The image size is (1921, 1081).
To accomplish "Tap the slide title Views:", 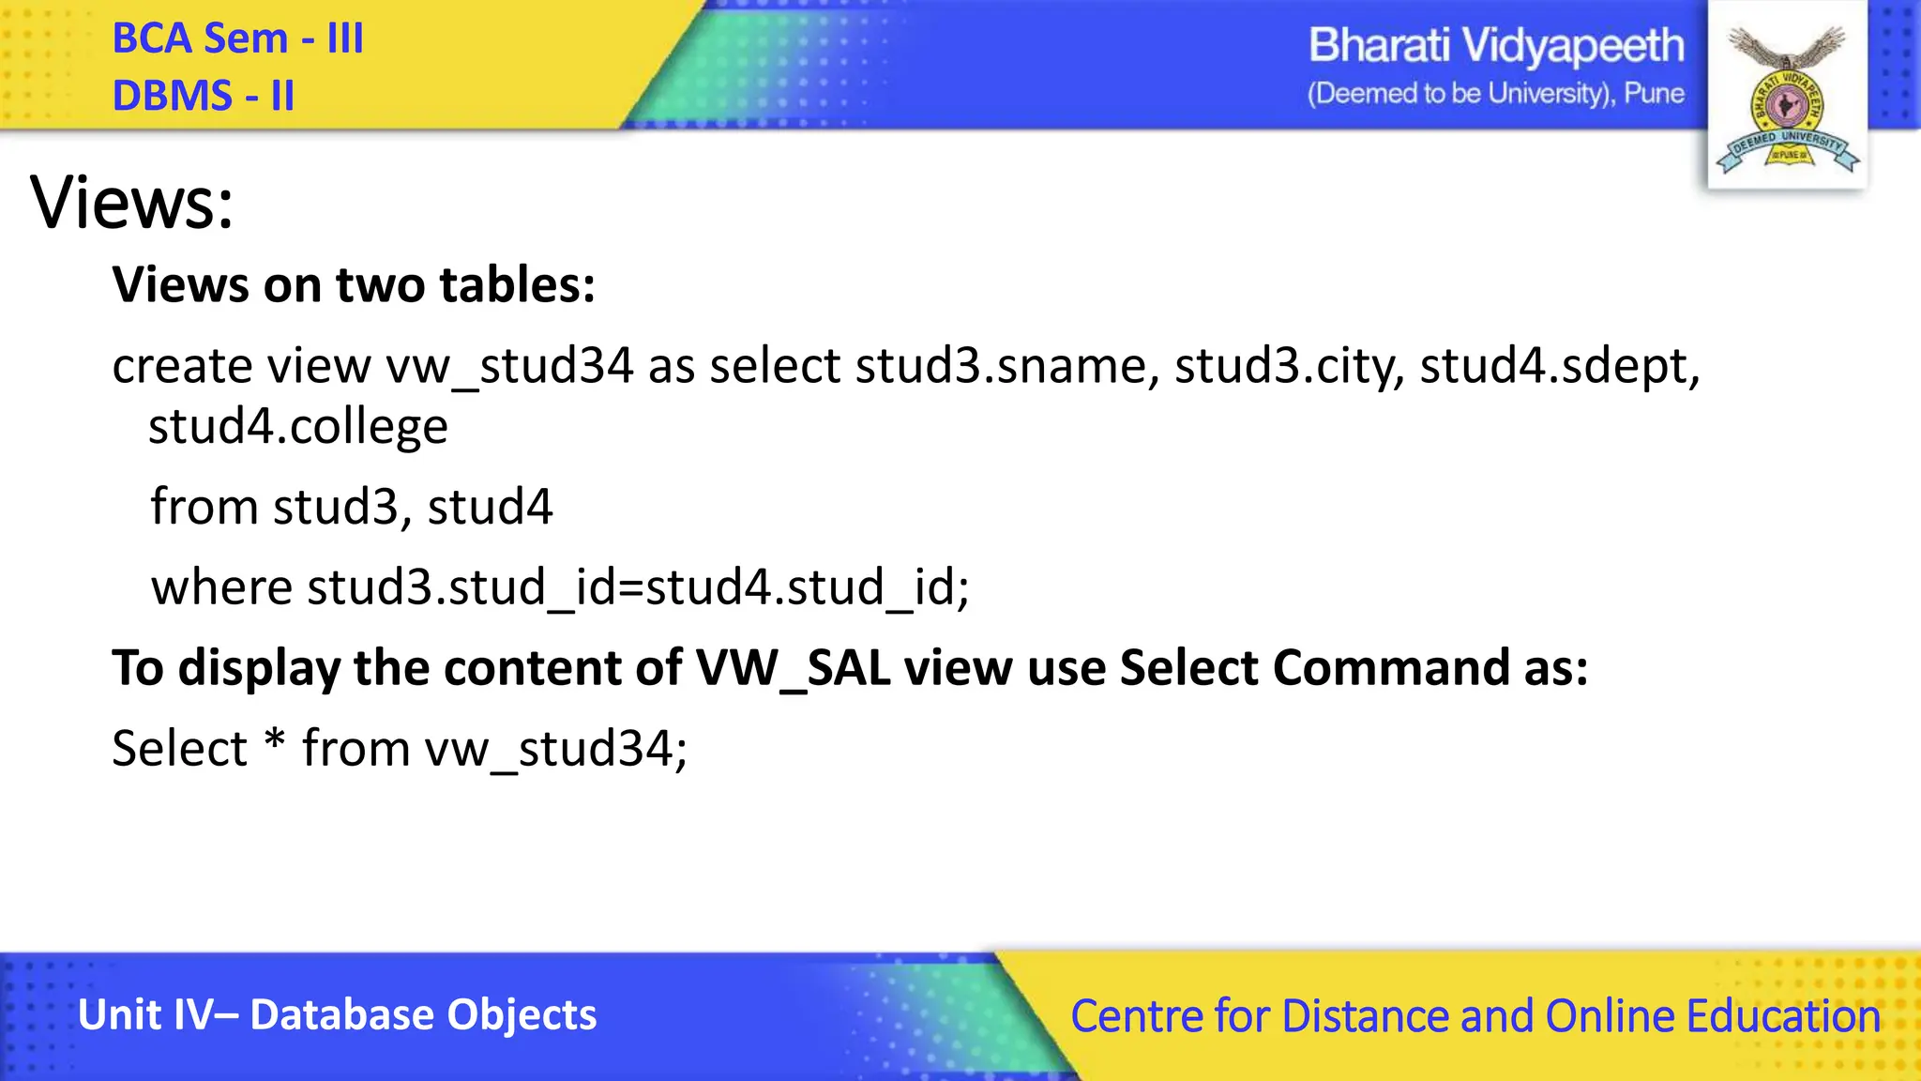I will (132, 203).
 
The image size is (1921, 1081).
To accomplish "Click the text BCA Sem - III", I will (237, 39).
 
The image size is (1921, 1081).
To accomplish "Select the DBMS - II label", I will (204, 96).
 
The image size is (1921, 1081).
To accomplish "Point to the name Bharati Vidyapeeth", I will (1496, 46).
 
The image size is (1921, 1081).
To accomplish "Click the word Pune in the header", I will (1654, 94).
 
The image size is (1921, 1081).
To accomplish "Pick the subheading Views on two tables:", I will (354, 284).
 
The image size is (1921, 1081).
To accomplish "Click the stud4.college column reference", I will (298, 427).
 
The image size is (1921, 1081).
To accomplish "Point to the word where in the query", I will (221, 587).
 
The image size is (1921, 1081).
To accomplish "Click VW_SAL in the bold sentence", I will (793, 668).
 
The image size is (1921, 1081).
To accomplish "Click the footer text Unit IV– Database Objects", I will (338, 1014).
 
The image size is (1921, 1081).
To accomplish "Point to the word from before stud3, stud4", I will (204, 507).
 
